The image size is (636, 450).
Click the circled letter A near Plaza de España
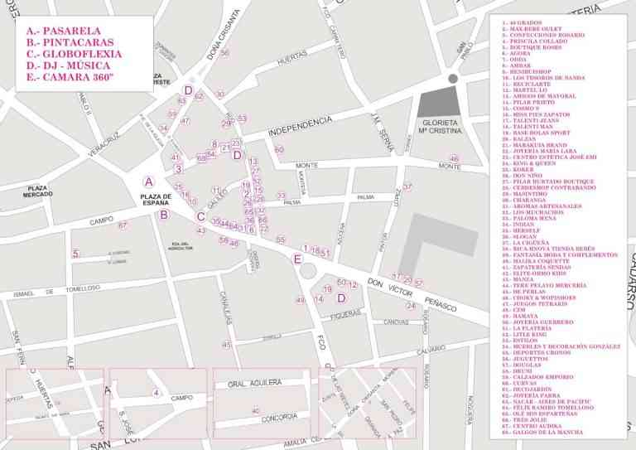tap(149, 181)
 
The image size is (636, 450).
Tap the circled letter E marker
tap(297, 259)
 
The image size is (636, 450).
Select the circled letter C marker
tap(200, 217)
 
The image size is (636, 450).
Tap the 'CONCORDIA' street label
tap(278, 417)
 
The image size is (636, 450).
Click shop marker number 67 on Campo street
tap(123, 225)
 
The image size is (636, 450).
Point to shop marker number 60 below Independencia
tap(279, 150)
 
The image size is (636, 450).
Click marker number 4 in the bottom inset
tap(156, 392)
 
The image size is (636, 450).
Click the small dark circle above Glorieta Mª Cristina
tap(452, 78)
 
